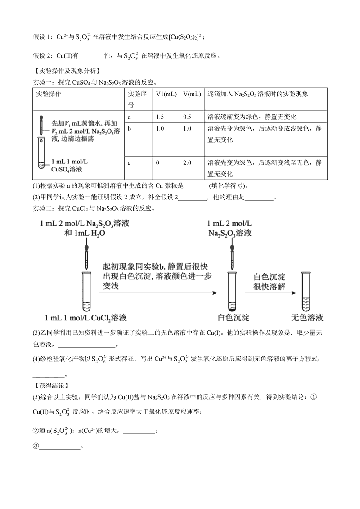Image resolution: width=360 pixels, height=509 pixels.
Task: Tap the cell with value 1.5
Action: (160, 117)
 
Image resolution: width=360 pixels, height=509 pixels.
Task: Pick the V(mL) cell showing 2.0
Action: (188, 162)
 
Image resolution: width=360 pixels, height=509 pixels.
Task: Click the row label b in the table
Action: (129, 129)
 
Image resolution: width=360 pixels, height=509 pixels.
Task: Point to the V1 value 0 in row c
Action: (157, 162)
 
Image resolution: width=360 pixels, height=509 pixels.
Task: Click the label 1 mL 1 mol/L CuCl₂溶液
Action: (83, 318)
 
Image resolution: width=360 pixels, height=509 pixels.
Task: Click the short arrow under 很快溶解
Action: (270, 293)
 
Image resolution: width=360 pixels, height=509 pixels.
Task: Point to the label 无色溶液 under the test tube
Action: (307, 318)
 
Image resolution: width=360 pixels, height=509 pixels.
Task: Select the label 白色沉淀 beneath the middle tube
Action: (233, 318)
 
